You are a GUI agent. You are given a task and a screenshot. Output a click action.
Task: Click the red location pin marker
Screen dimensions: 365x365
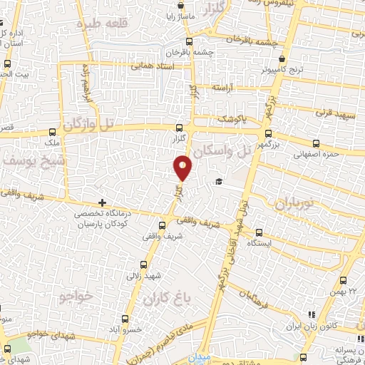click(x=183, y=168)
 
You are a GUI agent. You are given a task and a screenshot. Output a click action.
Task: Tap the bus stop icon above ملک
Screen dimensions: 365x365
click(x=53, y=132)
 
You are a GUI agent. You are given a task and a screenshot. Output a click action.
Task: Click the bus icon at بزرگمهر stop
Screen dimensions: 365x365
click(x=268, y=133)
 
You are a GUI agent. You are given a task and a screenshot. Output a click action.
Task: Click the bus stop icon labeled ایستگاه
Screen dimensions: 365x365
click(x=259, y=232)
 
